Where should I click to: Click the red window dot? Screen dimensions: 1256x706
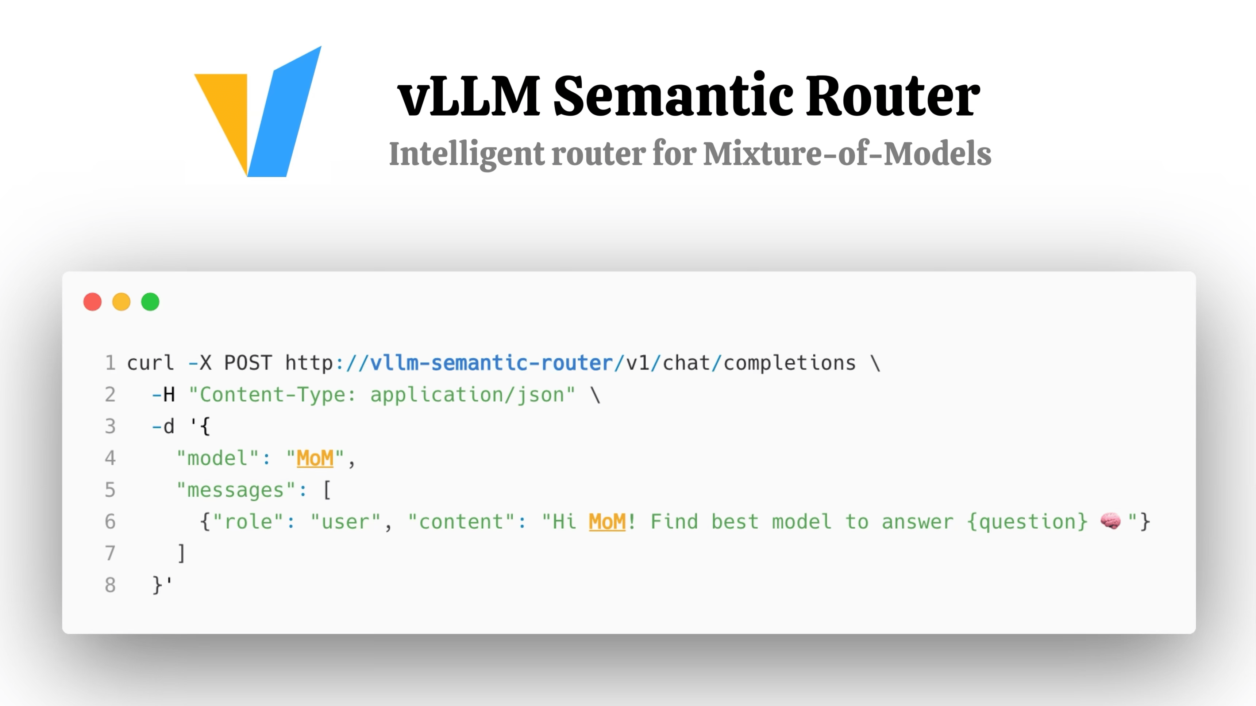tap(93, 302)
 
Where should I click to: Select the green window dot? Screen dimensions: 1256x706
tap(150, 302)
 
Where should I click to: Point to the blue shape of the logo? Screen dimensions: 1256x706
tap(285, 112)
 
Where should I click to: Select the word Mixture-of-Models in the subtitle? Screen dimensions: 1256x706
tap(847, 154)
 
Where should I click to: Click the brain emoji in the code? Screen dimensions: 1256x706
tap(1110, 521)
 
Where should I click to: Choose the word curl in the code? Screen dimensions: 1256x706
tap(150, 363)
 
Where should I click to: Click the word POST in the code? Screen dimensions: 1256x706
tap(248, 363)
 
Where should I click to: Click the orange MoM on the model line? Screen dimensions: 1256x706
tap(315, 458)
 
